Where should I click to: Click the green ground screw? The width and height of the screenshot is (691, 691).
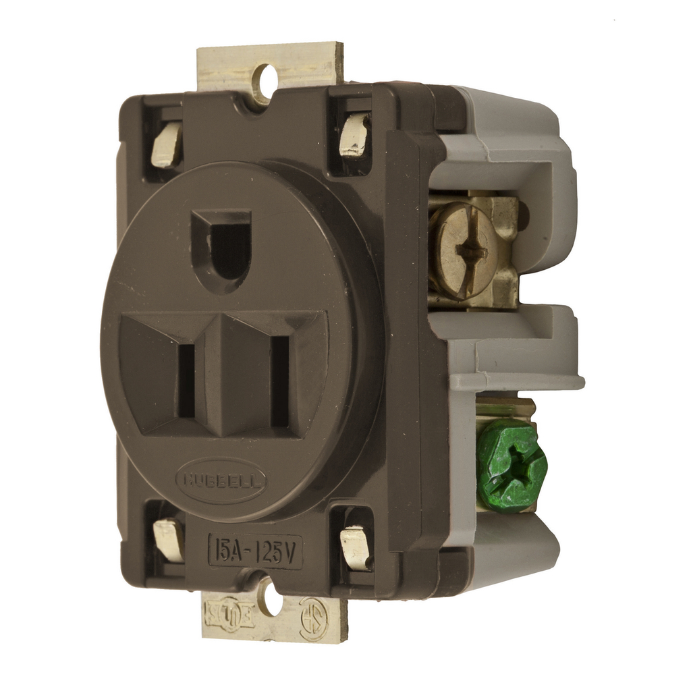511,465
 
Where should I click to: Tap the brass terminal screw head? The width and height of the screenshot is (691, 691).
460,250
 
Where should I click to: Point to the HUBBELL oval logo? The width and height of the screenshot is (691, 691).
222,482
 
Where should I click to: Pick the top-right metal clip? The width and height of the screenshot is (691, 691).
354,135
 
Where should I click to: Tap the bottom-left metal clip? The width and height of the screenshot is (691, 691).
169,540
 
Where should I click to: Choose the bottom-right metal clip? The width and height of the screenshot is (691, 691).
356,547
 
